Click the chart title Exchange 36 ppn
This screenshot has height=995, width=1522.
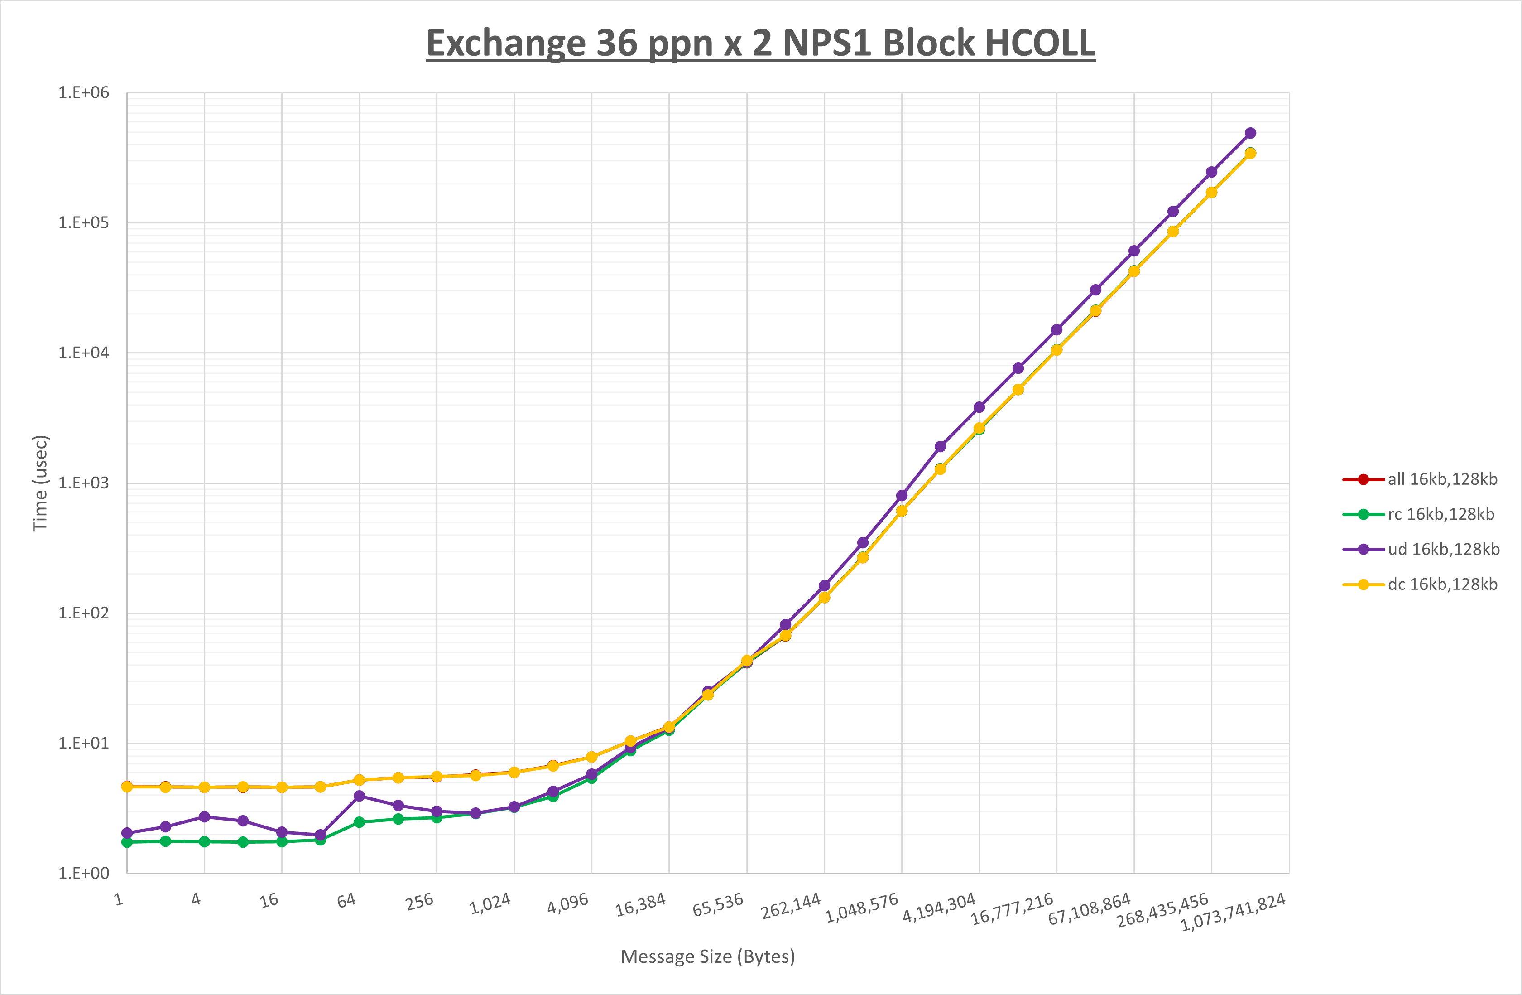[760, 43]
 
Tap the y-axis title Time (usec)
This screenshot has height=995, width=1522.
[40, 483]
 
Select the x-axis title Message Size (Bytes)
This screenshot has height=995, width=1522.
[708, 956]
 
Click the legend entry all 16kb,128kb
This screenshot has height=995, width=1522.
[1442, 479]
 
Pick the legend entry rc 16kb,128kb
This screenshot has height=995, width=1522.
[1440, 514]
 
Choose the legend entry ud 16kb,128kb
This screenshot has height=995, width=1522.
[1443, 549]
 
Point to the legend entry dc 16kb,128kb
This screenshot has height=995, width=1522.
[1442, 584]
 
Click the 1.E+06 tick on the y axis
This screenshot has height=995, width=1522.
[84, 93]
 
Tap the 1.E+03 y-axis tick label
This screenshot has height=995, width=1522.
[84, 483]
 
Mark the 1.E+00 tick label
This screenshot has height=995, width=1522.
[84, 874]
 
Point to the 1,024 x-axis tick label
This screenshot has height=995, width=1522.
[490, 904]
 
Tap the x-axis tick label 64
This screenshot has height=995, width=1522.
[346, 901]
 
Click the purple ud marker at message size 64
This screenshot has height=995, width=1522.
[360, 796]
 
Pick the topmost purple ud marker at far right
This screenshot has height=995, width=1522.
[1250, 133]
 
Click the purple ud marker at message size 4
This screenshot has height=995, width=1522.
[205, 817]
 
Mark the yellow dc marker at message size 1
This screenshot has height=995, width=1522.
[127, 787]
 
